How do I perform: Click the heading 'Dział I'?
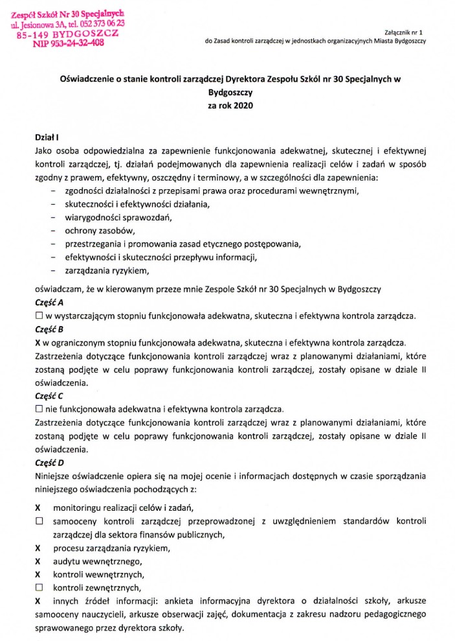tap(47, 137)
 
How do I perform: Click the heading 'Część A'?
tap(49, 303)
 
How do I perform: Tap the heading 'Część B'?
tap(49, 329)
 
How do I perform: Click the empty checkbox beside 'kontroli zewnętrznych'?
tap(38, 588)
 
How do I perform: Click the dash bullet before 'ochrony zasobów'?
tap(52, 231)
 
